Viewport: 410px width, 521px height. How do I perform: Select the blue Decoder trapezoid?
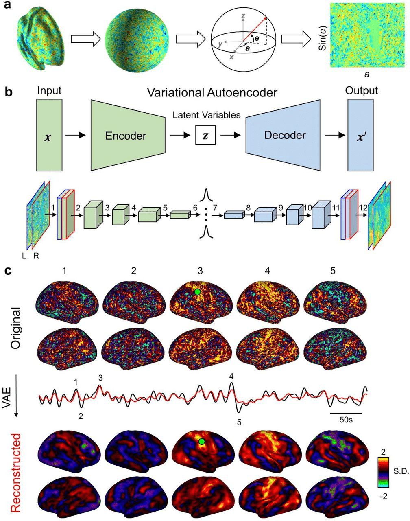pyautogui.click(x=285, y=135)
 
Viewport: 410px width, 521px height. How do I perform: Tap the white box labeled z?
pyautogui.click(x=205, y=135)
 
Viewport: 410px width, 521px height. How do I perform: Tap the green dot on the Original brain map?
pyautogui.click(x=197, y=292)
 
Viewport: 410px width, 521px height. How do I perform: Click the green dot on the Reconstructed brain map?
pyautogui.click(x=201, y=442)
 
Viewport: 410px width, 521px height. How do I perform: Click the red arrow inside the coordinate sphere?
pyautogui.click(x=255, y=29)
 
